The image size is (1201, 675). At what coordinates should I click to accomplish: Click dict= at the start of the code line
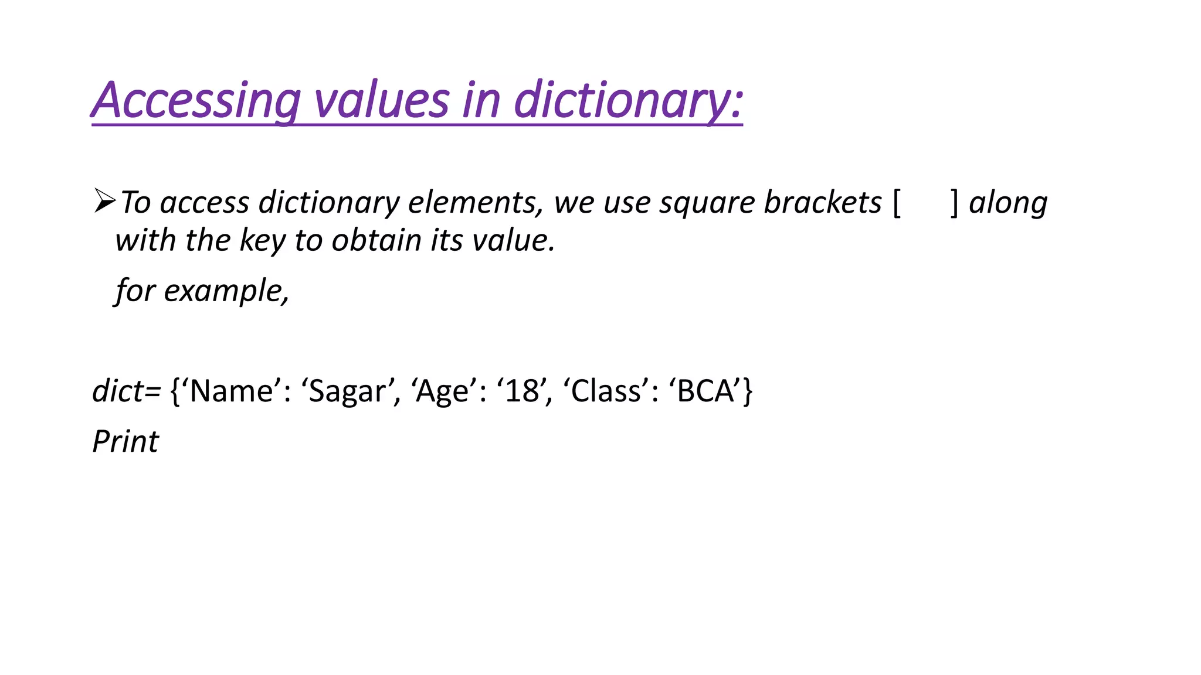[126, 391]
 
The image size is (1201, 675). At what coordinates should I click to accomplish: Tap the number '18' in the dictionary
[523, 391]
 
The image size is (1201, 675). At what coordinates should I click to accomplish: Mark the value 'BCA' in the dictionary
[706, 391]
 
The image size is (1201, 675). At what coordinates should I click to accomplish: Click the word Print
[125, 441]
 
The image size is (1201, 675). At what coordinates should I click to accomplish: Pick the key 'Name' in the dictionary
[231, 391]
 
